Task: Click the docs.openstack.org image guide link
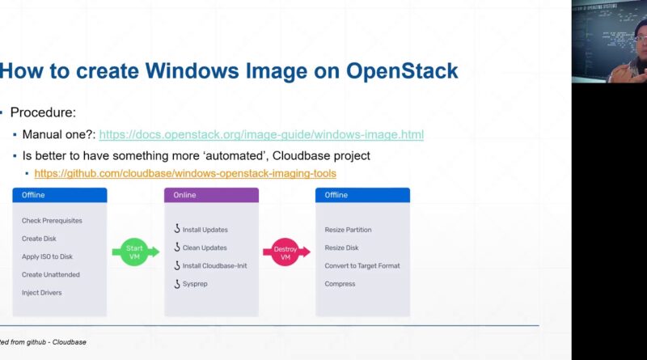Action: pos(261,134)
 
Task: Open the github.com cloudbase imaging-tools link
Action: pos(185,173)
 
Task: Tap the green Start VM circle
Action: pos(134,252)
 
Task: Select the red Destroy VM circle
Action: pos(285,252)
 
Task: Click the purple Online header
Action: pos(211,195)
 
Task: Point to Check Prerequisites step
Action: pos(52,221)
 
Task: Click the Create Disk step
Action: pos(39,239)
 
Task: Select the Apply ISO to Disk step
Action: pos(47,256)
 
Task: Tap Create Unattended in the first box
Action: pos(51,274)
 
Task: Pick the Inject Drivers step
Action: pos(42,293)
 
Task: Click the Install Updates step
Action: pos(205,230)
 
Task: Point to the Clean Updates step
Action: pos(205,248)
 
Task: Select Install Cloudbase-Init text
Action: pos(214,266)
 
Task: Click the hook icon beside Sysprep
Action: pos(177,284)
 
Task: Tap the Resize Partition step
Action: pos(348,230)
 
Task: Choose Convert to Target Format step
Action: pos(362,266)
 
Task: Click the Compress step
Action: pos(340,284)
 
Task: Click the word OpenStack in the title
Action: pos(402,70)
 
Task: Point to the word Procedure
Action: pos(43,112)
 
